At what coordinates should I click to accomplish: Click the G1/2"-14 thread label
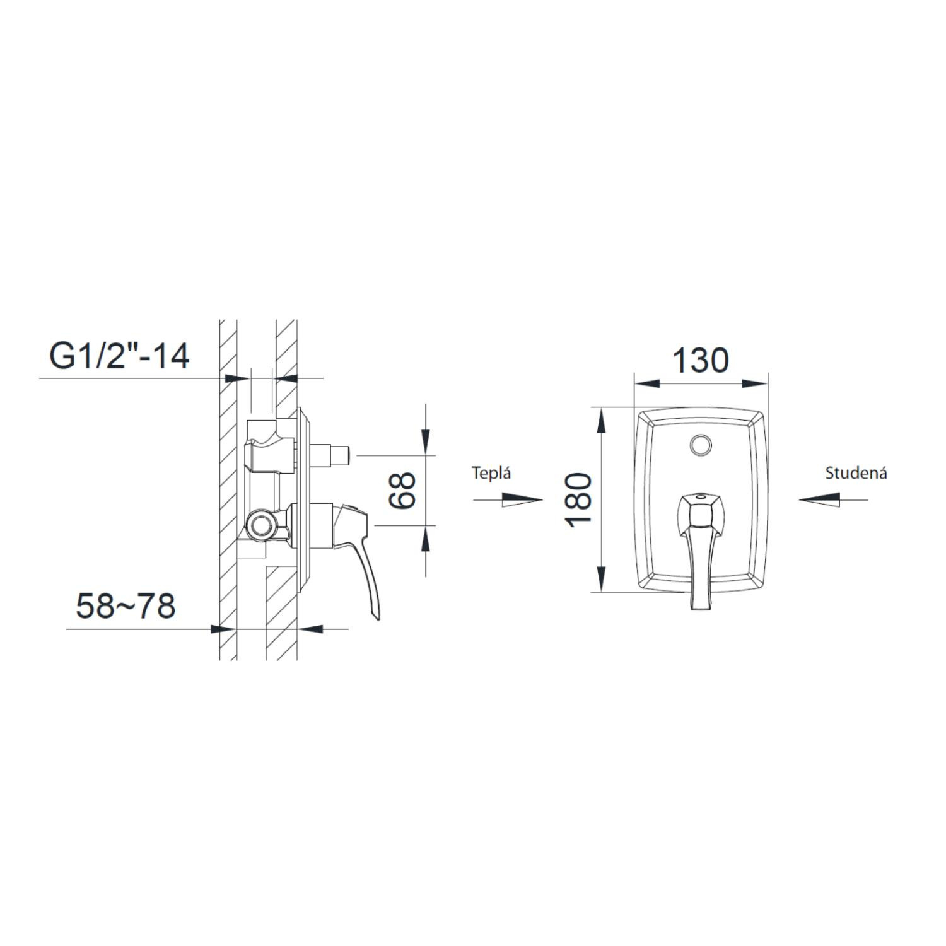point(120,356)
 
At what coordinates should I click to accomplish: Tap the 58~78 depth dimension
point(126,607)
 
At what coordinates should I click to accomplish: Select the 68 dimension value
point(402,490)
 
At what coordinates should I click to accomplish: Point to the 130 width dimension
point(700,361)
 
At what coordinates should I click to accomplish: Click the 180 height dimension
point(578,500)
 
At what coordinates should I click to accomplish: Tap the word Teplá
point(491,474)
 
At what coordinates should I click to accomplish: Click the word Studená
point(856,473)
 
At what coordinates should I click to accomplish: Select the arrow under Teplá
point(508,499)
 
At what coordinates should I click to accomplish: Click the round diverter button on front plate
point(701,445)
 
